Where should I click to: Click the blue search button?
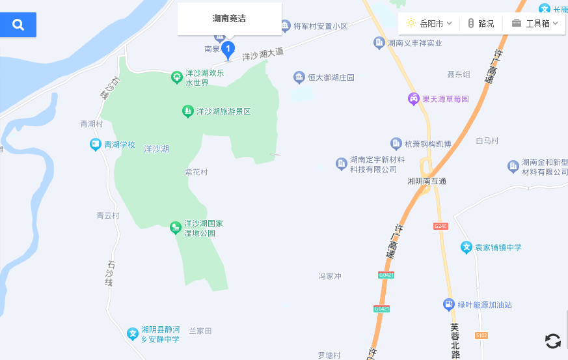point(18,25)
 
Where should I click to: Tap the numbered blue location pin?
point(228,49)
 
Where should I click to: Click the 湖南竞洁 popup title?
point(229,18)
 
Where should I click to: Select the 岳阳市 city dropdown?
point(429,23)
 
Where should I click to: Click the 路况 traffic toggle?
point(481,23)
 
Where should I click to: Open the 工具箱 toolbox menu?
point(535,23)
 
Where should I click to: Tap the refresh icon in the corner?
point(552,340)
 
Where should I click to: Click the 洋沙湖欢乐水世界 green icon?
point(176,77)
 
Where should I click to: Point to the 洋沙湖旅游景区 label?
point(223,111)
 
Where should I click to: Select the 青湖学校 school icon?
point(96,145)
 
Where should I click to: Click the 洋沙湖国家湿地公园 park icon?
point(175,227)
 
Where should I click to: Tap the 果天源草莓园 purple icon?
point(413,99)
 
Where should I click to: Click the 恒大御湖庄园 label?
point(331,77)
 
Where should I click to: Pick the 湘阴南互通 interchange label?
point(427,181)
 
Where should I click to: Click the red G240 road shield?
point(440,226)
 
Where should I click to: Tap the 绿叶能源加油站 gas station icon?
point(448,304)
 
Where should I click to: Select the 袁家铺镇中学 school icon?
point(466,247)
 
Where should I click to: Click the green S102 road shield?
point(481,335)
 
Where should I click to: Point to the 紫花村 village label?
point(196,173)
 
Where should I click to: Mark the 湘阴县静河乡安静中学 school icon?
point(133,334)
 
